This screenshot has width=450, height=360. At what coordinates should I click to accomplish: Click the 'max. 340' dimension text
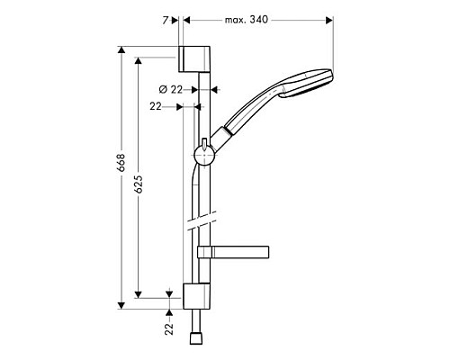pyautogui.click(x=246, y=19)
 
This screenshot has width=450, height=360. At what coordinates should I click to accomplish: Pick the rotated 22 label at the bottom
pyautogui.click(x=169, y=329)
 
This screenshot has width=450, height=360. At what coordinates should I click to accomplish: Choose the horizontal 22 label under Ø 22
pyautogui.click(x=156, y=106)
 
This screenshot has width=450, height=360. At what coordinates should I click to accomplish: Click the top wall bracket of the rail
pyautogui.click(x=195, y=58)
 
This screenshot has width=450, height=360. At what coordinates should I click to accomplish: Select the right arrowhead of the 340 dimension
pyautogui.click(x=329, y=19)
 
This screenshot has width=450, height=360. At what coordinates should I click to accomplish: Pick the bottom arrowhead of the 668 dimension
pyautogui.click(x=120, y=306)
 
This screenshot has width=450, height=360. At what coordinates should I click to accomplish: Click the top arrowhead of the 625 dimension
pyautogui.click(x=138, y=60)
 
